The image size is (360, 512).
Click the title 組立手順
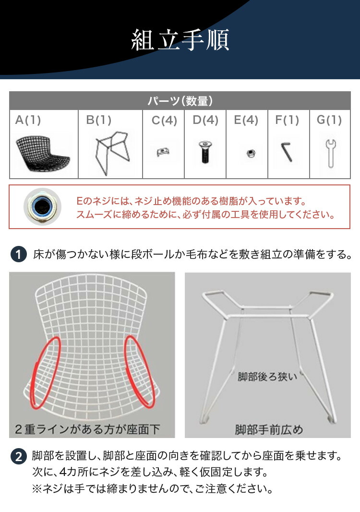coord(180,40)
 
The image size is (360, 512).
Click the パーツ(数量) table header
coord(180,101)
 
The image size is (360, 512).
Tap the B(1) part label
coord(99,120)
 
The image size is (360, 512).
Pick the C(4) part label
coord(164,121)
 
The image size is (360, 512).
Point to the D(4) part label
coord(205,120)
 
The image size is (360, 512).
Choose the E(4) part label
coord(246,120)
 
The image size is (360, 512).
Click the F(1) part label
coord(287,120)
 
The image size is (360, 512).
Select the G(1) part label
coord(329,120)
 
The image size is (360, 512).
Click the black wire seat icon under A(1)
coord(43,151)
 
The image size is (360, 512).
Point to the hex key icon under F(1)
coord(288,152)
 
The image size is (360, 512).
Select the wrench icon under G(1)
coord(330,153)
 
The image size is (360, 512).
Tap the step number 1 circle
coord(18,255)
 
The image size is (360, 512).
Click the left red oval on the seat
coord(45,372)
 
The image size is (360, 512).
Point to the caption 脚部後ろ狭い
coord(267,376)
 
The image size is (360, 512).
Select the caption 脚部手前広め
coord(269,429)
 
